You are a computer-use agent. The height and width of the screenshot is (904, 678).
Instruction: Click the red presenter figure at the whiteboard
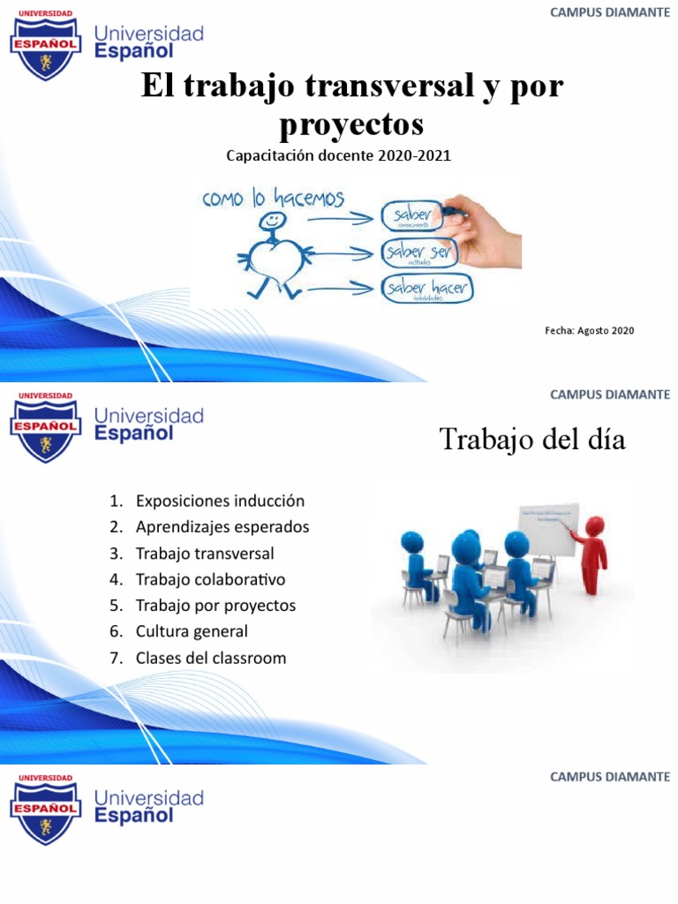592,553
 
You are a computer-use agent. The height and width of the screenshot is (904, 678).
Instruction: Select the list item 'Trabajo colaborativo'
210,579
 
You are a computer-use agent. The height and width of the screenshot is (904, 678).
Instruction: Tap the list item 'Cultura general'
192,631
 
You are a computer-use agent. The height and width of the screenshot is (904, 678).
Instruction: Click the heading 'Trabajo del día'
532,440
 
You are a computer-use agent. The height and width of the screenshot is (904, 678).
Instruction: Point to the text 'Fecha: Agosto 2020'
589,330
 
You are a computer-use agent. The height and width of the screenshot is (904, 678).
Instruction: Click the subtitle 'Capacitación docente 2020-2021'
338,156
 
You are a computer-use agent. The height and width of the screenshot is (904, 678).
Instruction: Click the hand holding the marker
483,232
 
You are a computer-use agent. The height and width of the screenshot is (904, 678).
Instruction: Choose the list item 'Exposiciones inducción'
220,501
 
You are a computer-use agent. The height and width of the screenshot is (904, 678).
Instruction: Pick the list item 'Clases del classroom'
211,658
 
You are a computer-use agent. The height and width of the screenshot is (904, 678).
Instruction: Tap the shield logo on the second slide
45,426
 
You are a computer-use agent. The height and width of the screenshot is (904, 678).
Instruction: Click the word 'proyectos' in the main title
351,124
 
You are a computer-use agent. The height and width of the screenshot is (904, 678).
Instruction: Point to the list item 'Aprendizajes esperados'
222,527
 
